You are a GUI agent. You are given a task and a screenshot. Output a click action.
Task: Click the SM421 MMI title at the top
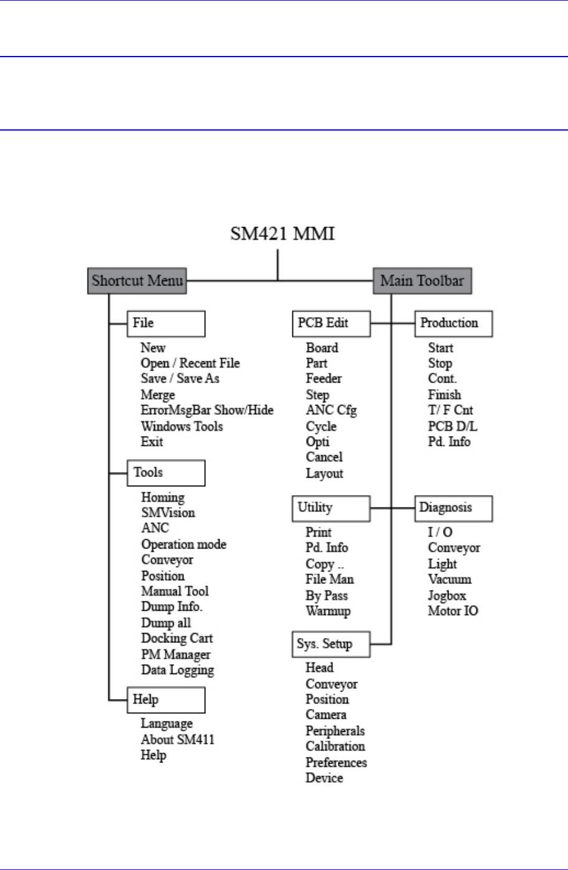tap(283, 234)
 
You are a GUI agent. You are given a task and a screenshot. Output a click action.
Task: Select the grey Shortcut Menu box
tap(137, 281)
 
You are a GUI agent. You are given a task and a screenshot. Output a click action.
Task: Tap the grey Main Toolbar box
tap(422, 281)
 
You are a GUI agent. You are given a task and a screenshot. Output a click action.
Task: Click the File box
tap(165, 323)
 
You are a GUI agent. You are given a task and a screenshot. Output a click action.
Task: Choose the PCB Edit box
tap(331, 323)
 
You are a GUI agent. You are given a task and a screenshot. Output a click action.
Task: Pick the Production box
tap(454, 323)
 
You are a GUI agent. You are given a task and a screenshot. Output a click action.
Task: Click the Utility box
tap(331, 508)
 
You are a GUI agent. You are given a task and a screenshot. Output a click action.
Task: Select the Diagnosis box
tap(454, 508)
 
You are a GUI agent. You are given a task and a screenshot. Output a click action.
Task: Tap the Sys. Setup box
tap(331, 644)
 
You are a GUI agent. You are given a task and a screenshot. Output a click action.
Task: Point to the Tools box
tap(165, 473)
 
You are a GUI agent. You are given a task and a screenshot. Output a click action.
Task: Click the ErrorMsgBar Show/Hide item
tap(207, 410)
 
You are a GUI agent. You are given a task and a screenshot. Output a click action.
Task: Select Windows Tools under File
tap(182, 427)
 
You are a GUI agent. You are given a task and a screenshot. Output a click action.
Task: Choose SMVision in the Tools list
tap(168, 513)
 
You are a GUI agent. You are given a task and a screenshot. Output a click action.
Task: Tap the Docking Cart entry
tap(177, 639)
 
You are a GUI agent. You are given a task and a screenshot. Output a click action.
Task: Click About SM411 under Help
tap(177, 739)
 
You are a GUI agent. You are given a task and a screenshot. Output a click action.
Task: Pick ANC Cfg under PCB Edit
tap(331, 410)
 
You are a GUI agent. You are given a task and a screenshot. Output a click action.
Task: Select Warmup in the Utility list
tap(328, 611)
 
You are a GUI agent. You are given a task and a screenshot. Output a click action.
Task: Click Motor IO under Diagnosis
tap(453, 611)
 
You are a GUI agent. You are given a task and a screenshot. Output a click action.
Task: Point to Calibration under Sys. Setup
tap(335, 746)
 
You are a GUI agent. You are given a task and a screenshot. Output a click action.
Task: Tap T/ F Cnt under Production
tap(450, 410)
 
